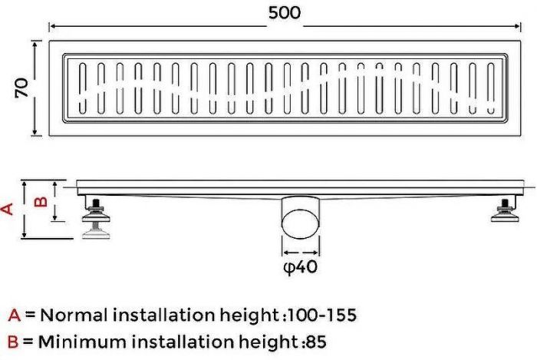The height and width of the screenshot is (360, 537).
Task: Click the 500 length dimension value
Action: point(285,13)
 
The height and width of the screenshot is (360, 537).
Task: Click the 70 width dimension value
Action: point(22,88)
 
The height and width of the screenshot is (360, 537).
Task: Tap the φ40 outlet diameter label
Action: point(301,267)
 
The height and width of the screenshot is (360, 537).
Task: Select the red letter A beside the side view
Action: point(7,209)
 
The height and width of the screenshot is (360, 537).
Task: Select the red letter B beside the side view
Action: point(41,200)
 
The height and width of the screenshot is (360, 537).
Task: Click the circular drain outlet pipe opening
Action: point(301,223)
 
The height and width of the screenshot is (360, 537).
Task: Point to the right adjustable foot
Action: point(505,210)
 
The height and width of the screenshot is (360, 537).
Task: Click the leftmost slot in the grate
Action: point(83,88)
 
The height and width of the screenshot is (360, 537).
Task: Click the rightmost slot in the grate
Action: point(492,88)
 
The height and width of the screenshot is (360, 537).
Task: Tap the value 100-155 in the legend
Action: point(322,315)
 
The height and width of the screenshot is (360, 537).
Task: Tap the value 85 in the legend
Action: point(316,342)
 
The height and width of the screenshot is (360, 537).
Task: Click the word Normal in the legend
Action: point(74,315)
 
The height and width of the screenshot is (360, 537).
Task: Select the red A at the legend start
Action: point(15,315)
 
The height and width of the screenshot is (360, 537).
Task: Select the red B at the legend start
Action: point(13,342)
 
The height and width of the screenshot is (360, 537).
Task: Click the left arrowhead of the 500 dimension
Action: point(52,26)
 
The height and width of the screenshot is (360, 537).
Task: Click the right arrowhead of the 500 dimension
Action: point(517,26)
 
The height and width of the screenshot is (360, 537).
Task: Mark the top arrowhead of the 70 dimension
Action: point(35,44)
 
